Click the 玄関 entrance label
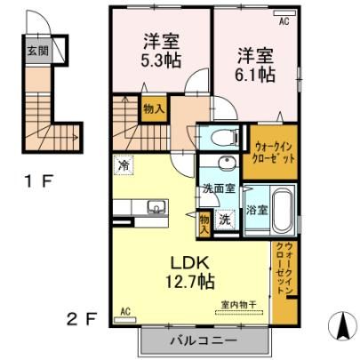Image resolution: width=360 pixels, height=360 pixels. (37, 51)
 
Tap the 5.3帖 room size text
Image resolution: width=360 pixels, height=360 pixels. (160, 60)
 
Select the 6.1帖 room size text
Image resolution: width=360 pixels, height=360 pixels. (255, 75)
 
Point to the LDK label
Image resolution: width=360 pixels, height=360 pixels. (190, 262)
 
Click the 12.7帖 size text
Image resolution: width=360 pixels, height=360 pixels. (189, 281)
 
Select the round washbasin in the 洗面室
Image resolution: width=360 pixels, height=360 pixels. (228, 163)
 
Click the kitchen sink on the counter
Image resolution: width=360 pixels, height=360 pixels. (156, 207)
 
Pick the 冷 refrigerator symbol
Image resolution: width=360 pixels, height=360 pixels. (124, 165)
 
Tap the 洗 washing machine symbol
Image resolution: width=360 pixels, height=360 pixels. (225, 220)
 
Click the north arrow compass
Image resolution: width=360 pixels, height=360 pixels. (343, 326)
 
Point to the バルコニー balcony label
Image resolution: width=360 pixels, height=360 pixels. (204, 340)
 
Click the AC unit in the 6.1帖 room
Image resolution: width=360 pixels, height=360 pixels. (284, 13)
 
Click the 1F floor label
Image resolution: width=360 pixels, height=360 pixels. (38, 181)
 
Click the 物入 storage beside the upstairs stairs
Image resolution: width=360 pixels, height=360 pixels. (154, 109)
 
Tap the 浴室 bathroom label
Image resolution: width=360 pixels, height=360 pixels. (257, 210)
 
